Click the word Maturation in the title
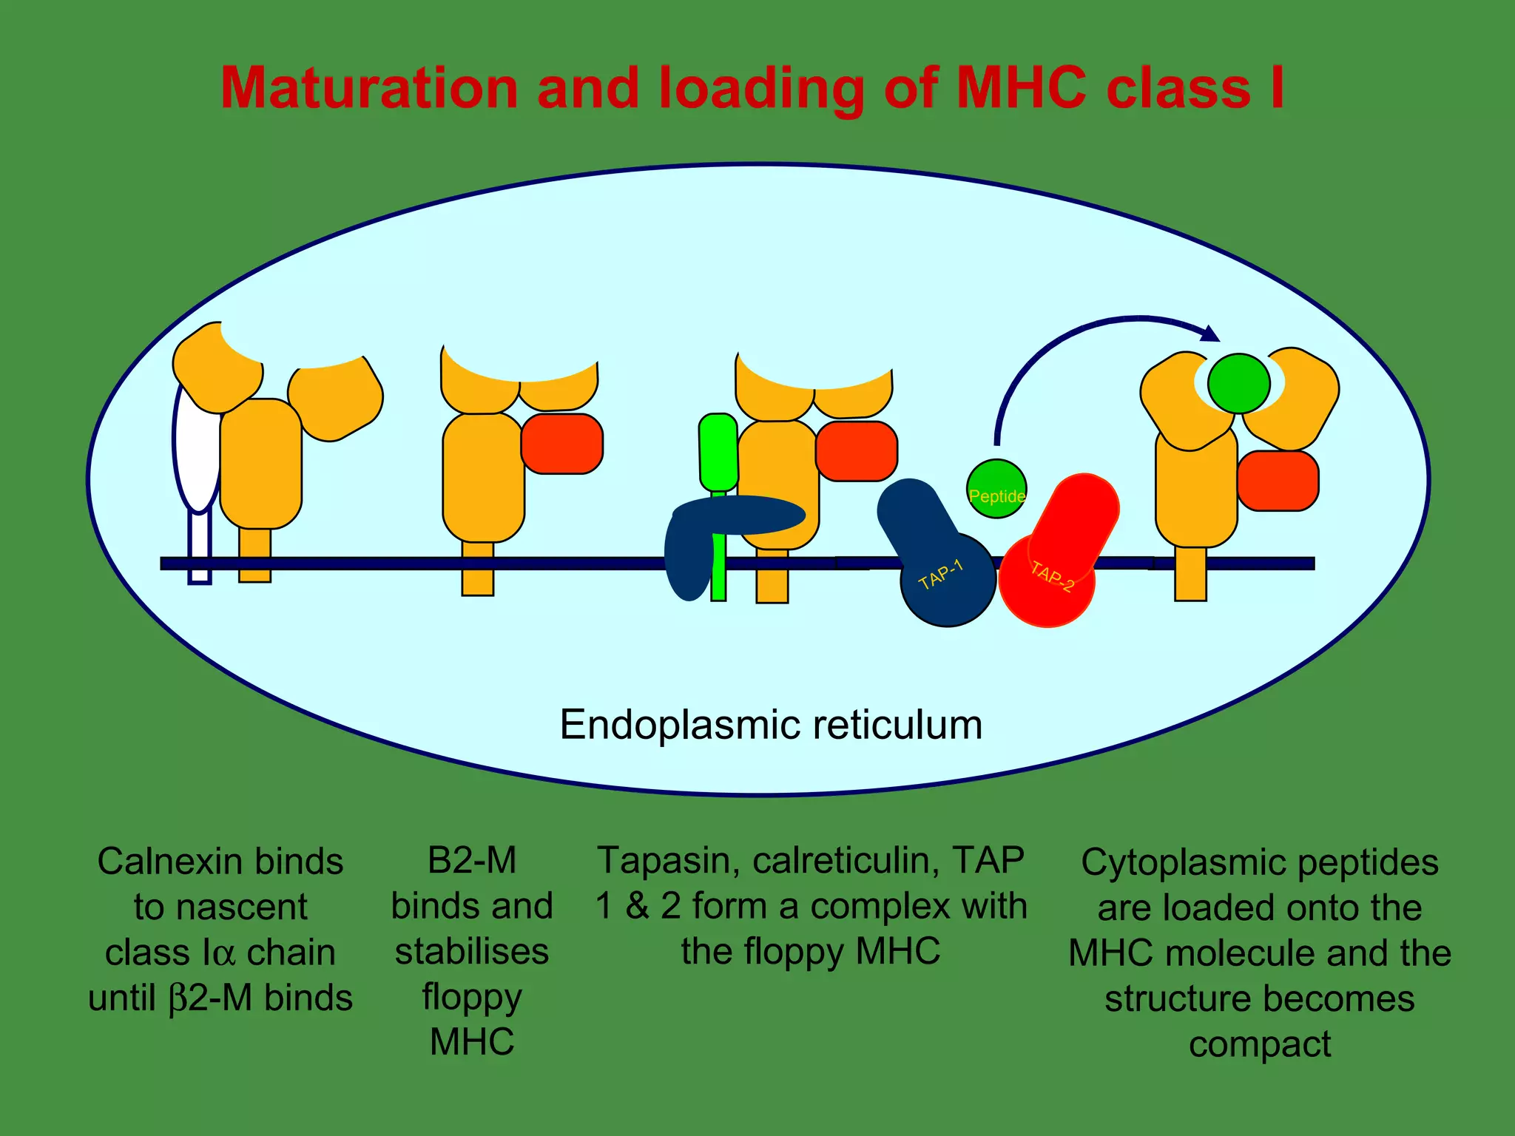369,89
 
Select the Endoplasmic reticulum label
771,724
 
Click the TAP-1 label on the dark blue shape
941,575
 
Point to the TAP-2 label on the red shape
1052,577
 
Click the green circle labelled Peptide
996,489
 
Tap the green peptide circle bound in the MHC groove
1238,383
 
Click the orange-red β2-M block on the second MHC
562,444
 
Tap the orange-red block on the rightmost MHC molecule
1278,481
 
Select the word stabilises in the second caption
472,952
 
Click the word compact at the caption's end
1260,1044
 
